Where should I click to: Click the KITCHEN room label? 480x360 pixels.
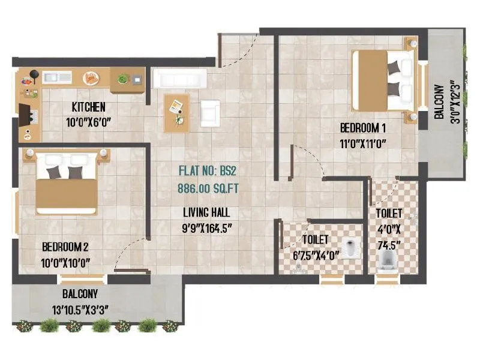pos(88,107)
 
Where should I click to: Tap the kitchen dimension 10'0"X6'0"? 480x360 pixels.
pos(88,121)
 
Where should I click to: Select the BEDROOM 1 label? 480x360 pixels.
pos(362,128)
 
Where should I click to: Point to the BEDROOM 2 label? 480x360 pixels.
pos(65,247)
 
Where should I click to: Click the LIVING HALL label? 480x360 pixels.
pos(206,212)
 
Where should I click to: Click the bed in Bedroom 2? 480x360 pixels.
pos(65,182)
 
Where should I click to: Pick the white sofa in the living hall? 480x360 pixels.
pos(179,79)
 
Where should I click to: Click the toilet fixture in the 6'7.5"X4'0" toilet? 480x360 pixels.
pos(352,247)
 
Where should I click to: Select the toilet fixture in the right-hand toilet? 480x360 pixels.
pos(386,259)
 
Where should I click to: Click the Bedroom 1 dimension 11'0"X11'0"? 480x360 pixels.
pos(362,143)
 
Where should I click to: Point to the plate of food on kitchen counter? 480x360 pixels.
pos(91,77)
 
